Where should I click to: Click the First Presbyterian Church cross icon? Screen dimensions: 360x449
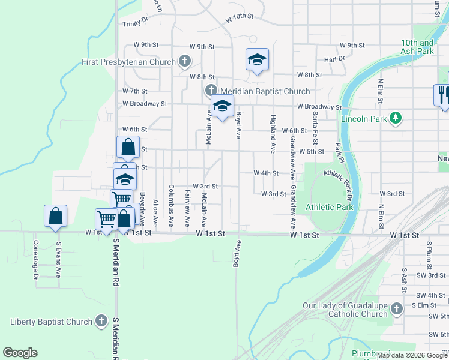pos(185,62)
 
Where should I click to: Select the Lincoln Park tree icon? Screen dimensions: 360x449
pos(395,119)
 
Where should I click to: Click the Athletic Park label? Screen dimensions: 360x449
pos(330,207)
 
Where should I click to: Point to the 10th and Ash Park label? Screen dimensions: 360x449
pos(418,47)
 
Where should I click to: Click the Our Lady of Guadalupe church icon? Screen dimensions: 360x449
pos(396,310)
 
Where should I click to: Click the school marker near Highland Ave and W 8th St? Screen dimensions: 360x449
pos(257,60)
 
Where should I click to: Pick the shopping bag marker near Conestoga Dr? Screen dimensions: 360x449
pos(55,216)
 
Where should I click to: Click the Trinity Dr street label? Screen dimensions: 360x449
pos(135,23)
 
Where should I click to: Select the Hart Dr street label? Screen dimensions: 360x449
pos(334,59)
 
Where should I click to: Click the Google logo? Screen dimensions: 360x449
pos(20,353)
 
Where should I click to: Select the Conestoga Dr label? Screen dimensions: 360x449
pos(35,260)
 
